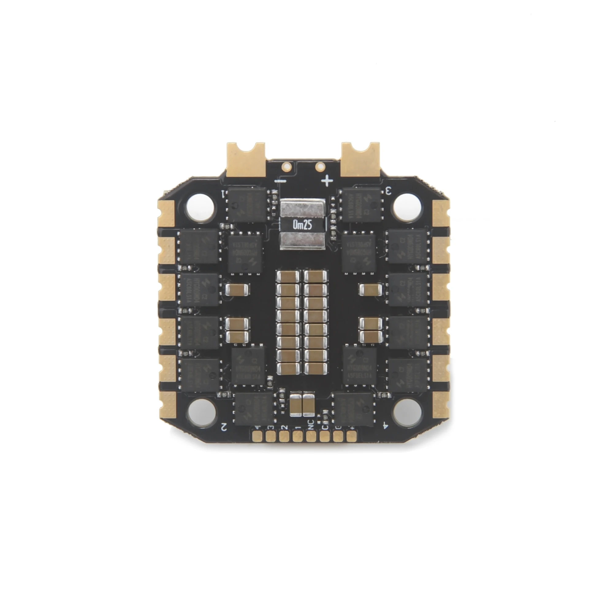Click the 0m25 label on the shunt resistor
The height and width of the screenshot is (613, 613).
click(303, 225)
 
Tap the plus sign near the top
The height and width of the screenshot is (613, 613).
click(327, 181)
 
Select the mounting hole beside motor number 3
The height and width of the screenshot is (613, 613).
click(407, 208)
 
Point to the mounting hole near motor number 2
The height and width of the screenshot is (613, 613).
click(202, 412)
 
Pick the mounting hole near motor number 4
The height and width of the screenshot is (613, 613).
click(407, 412)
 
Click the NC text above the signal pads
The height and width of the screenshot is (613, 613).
click(310, 424)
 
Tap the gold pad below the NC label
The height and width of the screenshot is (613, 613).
click(310, 438)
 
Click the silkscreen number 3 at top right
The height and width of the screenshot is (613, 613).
click(388, 191)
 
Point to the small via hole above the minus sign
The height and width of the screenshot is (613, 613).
click(287, 166)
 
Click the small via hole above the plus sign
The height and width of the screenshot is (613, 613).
click(320, 166)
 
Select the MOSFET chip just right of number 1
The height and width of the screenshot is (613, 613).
click(247, 205)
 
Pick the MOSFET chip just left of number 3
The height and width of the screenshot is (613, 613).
click(361, 205)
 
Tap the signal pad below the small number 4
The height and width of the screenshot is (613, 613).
click(256, 438)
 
